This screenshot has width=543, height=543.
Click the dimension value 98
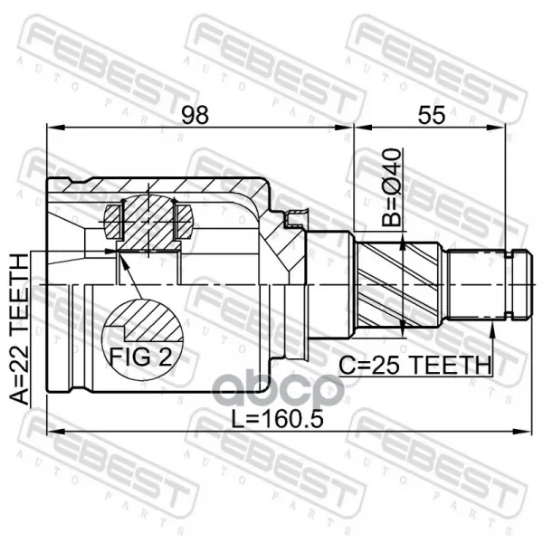point(195,115)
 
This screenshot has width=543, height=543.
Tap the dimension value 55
point(431,115)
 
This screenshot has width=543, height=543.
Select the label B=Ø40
point(391,187)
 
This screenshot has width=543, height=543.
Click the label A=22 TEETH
point(18,329)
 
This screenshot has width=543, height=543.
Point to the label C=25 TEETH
point(414,366)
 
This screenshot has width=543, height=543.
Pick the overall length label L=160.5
point(278,418)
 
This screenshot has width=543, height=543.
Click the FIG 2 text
point(140,357)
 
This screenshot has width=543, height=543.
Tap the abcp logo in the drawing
point(278,390)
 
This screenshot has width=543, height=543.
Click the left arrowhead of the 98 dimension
point(56,128)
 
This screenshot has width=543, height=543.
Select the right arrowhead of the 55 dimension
point(496,128)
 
